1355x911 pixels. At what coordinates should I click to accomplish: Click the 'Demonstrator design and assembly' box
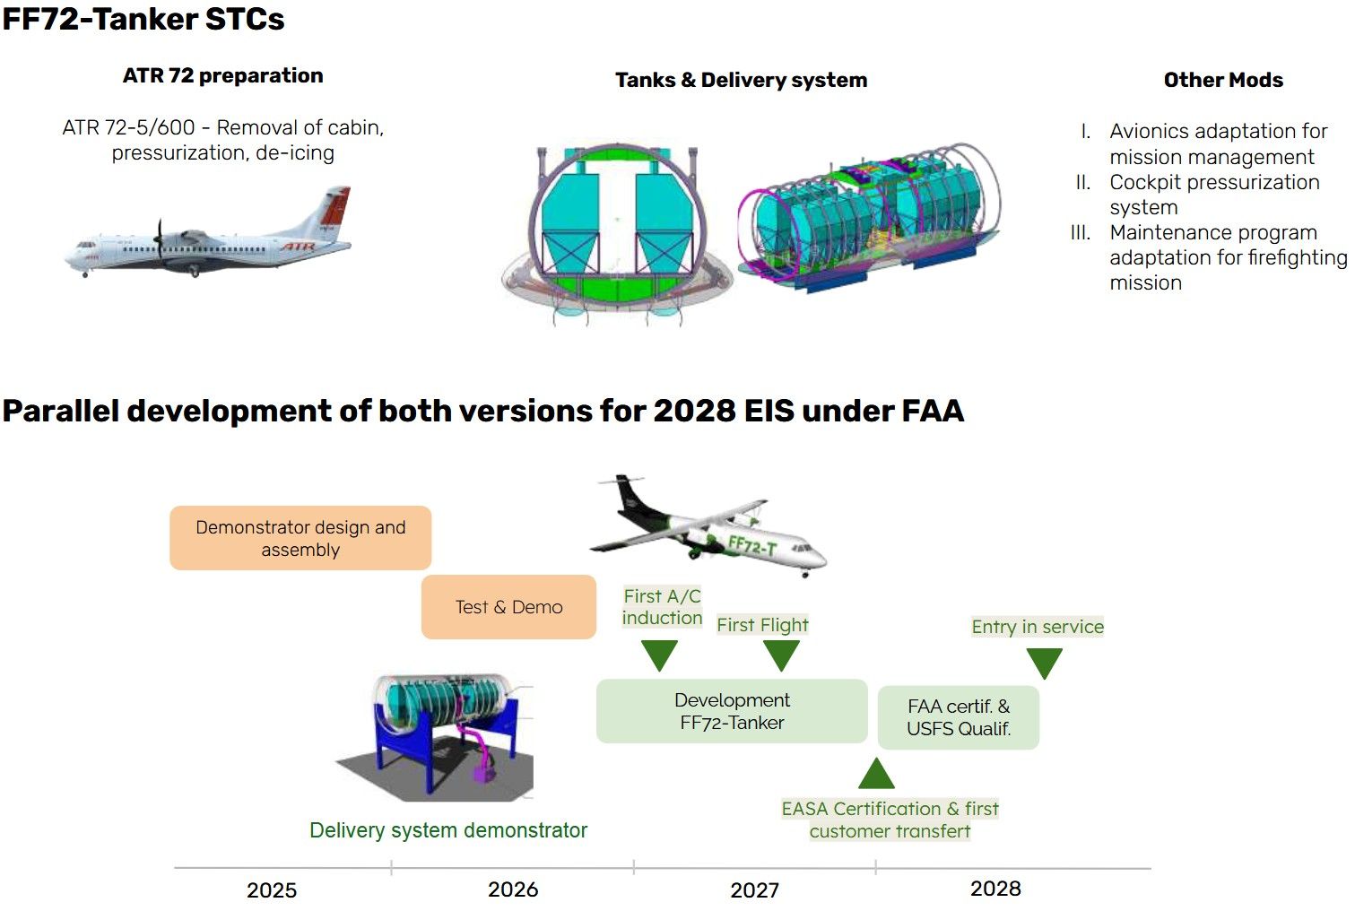(300, 538)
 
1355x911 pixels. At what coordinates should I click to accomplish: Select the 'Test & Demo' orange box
(508, 607)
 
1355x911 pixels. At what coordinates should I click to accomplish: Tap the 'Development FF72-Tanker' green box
(732, 711)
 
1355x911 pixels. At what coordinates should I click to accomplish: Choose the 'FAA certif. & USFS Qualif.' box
(959, 717)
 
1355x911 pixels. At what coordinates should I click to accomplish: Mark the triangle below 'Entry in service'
(1045, 663)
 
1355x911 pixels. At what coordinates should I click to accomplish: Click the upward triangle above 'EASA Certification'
(876, 775)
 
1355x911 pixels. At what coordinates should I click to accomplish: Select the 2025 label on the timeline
(272, 890)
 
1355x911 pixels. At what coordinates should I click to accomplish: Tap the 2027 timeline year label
(755, 890)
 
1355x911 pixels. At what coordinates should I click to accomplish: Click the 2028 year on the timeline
(995, 889)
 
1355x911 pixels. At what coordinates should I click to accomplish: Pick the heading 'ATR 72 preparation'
(223, 75)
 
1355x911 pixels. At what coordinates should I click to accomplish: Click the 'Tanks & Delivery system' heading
(742, 80)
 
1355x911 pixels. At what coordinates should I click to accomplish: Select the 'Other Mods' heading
(1224, 80)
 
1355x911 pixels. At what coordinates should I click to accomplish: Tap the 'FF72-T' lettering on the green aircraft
(752, 546)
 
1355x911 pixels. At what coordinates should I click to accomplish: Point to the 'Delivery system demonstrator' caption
(448, 830)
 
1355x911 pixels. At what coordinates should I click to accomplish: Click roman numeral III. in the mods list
(1081, 233)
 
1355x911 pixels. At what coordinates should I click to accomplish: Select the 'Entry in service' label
(1038, 627)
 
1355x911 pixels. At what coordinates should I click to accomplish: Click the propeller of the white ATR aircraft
(160, 239)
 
